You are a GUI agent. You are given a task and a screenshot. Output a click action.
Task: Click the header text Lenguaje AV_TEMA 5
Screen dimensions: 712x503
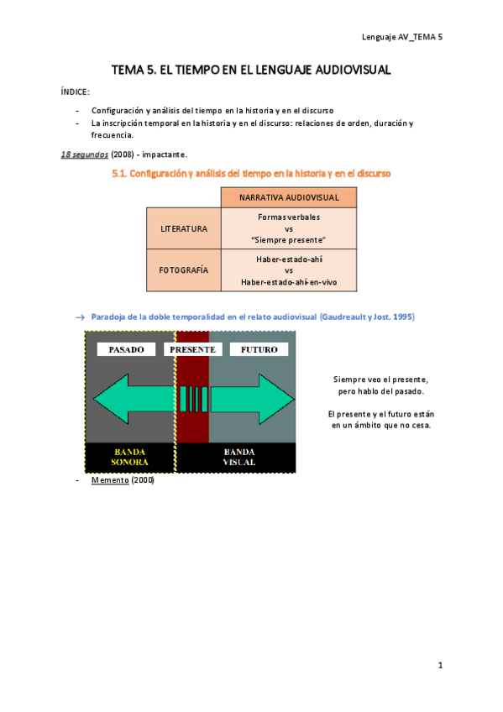click(401, 37)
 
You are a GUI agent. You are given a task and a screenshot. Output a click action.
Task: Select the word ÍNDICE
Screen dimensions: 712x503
click(76, 92)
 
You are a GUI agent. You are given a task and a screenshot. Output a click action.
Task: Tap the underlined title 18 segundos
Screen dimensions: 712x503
click(84, 154)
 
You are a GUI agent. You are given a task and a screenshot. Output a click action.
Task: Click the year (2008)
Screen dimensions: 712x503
click(123, 154)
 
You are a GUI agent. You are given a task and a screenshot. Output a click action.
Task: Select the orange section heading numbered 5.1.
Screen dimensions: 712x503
click(250, 174)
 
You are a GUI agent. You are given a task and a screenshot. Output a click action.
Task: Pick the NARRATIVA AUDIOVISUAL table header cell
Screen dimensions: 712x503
click(288, 197)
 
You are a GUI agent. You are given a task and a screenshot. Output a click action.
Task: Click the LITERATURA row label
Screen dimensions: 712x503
click(184, 228)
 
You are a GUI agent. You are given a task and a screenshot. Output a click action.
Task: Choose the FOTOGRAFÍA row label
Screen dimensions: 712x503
click(184, 270)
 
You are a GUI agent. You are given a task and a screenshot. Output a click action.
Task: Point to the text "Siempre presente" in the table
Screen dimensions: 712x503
click(288, 239)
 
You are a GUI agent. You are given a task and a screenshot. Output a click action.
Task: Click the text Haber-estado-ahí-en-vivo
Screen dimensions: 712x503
click(288, 282)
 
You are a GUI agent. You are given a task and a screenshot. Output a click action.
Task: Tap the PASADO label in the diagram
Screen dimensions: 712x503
click(126, 349)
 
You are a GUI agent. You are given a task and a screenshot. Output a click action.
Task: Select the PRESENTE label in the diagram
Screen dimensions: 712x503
click(192, 349)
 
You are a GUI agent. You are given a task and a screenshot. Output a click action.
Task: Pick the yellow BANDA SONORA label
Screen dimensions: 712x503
click(129, 456)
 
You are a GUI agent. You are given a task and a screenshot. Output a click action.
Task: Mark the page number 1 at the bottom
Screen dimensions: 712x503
click(439, 665)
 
